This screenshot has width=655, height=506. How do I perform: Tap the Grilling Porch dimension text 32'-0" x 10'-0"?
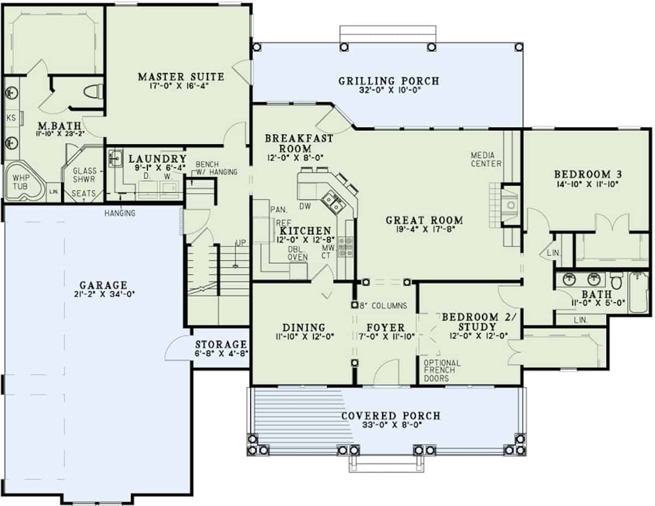(389, 92)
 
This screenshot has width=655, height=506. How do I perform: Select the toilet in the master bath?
(95, 91)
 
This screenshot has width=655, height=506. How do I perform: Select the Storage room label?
(221, 344)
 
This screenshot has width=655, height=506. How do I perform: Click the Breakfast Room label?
(299, 143)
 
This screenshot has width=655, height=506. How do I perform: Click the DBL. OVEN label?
(298, 253)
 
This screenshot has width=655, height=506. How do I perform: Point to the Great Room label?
(424, 220)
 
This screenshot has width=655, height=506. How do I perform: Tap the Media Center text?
(486, 159)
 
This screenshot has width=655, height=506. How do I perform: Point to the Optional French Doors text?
(442, 370)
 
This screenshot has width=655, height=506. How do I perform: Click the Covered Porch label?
(390, 416)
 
